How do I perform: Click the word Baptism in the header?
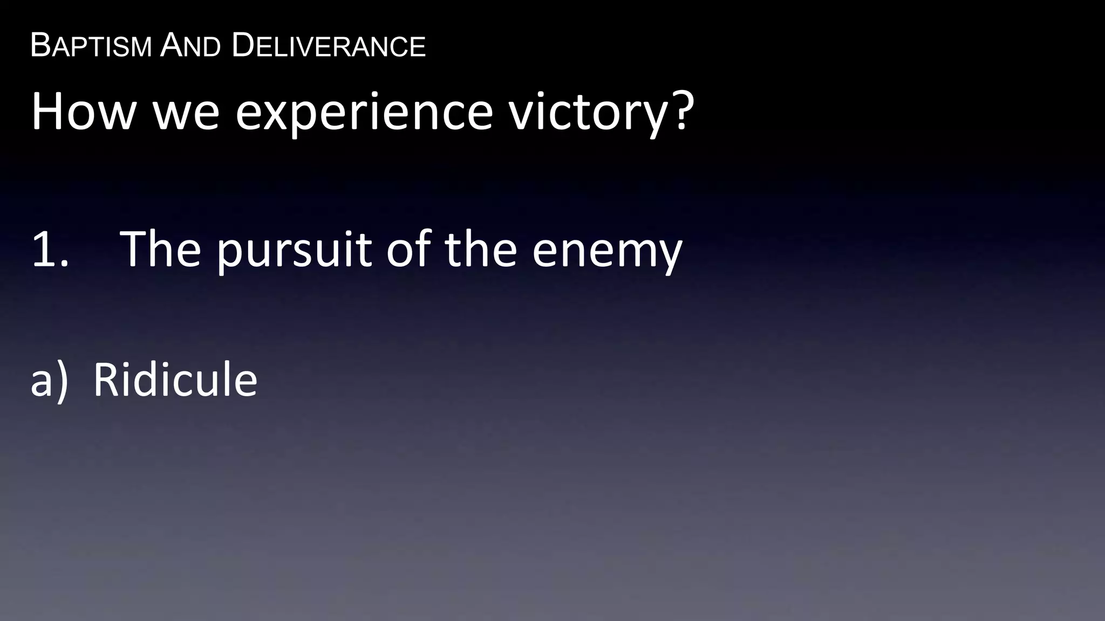(x=91, y=46)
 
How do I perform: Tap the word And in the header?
(x=190, y=46)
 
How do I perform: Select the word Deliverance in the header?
(x=329, y=46)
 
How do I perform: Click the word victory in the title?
(x=586, y=113)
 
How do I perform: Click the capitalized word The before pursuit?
(x=160, y=249)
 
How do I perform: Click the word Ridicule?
(x=175, y=380)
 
